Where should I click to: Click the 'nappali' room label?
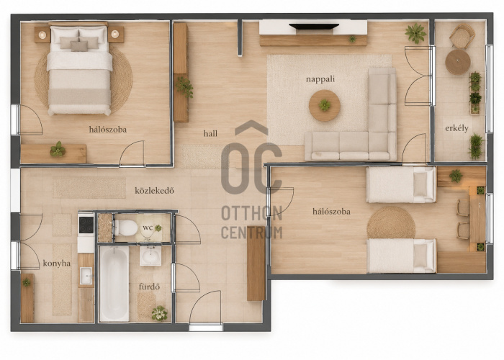coord(320,79)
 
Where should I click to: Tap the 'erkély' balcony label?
coord(456,128)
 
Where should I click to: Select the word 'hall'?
coord(210,133)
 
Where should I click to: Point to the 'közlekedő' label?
coord(154,191)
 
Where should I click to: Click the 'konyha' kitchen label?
coord(57,264)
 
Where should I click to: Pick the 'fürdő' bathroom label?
coord(149,287)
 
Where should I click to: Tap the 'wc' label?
coord(148,228)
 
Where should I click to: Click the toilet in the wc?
coord(126,228)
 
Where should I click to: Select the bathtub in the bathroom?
coord(114,284)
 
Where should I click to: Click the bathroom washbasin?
coord(150,256)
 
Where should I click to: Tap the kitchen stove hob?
coord(86,225)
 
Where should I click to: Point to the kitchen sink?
coord(86,276)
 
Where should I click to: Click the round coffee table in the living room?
coord(325,105)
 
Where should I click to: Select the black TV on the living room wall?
coord(314,27)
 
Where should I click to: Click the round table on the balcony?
coord(458,62)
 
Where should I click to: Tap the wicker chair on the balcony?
coord(462,36)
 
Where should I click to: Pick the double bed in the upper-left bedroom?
coord(80,70)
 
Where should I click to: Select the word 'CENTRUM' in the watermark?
coord(252,233)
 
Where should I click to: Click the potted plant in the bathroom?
coord(159,313)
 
